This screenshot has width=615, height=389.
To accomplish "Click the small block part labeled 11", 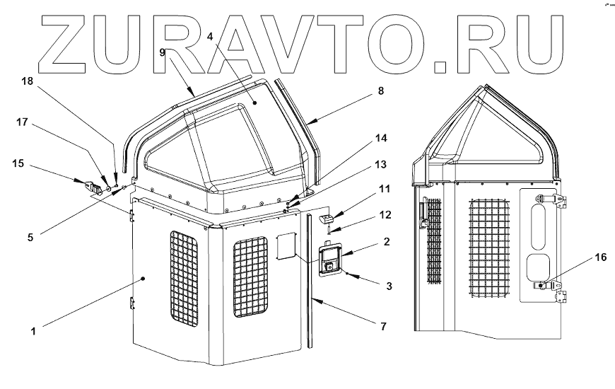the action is tap(327, 219).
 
